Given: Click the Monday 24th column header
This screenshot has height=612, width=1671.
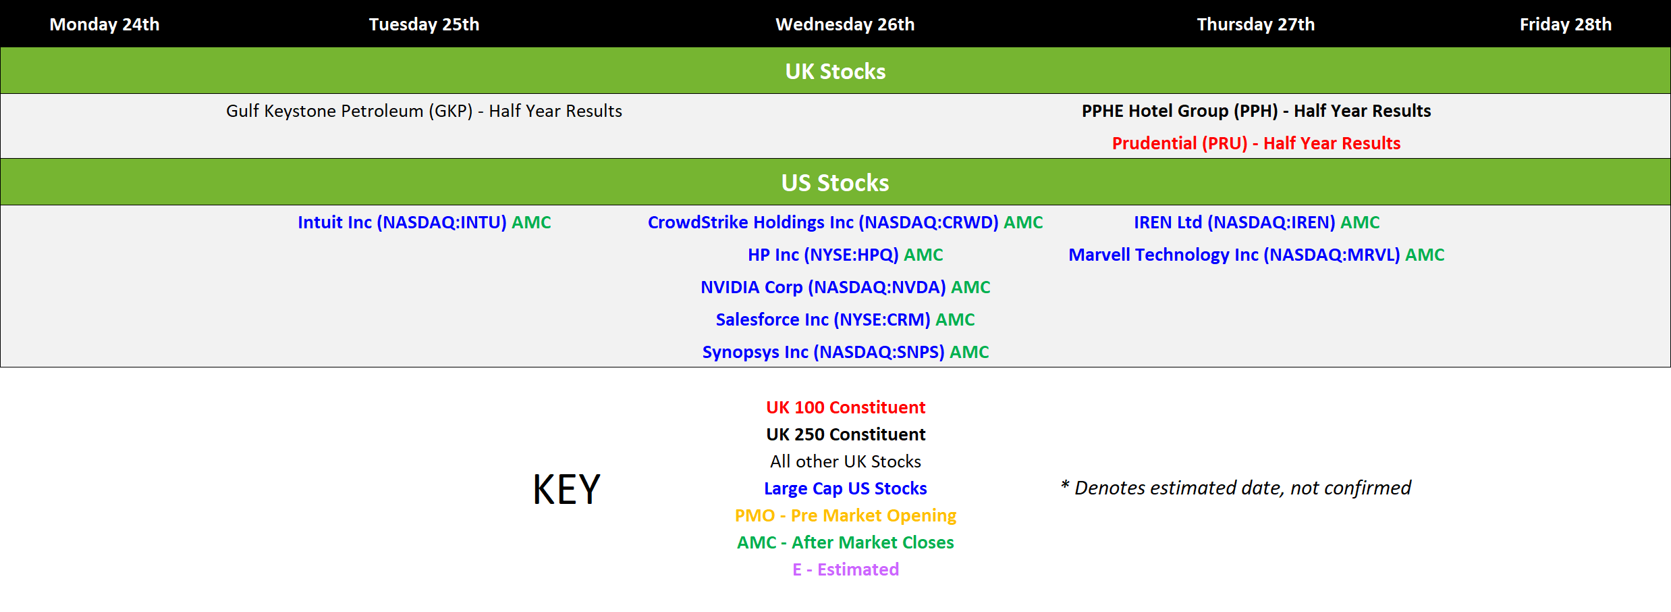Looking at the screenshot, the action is pyautogui.click(x=105, y=24).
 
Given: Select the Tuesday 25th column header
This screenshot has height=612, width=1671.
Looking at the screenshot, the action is pyautogui.click(x=424, y=24).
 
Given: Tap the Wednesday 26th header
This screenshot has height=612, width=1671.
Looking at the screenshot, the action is pyautogui.click(x=845, y=24).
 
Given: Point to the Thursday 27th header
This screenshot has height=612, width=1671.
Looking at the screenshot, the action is pyautogui.click(x=1256, y=24).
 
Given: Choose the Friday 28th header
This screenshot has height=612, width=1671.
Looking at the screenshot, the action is pyautogui.click(x=1566, y=24).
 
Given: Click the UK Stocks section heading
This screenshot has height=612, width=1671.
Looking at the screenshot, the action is pyautogui.click(x=835, y=71).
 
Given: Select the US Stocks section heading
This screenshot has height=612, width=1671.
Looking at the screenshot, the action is pyautogui.click(x=835, y=182).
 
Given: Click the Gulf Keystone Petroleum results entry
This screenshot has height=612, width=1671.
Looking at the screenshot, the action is pyautogui.click(x=424, y=111).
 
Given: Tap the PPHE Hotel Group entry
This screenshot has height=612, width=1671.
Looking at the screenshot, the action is pyautogui.click(x=1256, y=111).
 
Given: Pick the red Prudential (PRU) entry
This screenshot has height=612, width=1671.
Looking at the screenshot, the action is pyautogui.click(x=1256, y=143).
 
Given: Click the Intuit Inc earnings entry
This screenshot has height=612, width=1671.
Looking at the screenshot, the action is pyautogui.click(x=424, y=222).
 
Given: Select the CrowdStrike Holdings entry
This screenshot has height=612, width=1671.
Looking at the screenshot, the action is pyautogui.click(x=845, y=222).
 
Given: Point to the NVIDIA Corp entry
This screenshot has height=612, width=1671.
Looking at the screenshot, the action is pyautogui.click(x=845, y=287).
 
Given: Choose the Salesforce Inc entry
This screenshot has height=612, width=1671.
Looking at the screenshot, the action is pyautogui.click(x=845, y=320).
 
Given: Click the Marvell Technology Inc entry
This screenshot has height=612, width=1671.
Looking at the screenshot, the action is pyautogui.click(x=1256, y=255).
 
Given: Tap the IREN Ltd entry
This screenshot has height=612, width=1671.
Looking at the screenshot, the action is pyautogui.click(x=1256, y=222).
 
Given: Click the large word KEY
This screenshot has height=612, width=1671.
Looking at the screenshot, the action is pyautogui.click(x=566, y=489).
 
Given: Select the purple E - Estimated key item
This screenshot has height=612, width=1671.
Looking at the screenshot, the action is pyautogui.click(x=845, y=569).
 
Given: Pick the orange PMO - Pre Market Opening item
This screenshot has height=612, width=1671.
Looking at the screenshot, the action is pyautogui.click(x=845, y=515).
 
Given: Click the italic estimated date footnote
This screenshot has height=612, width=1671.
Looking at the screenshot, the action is pyautogui.click(x=1235, y=488).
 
